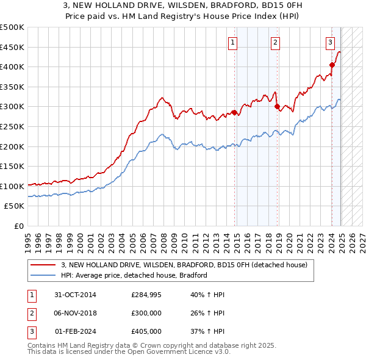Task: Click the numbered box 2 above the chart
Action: tap(276, 42)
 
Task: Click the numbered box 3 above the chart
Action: tap(330, 42)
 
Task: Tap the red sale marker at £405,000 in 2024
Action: tap(332, 65)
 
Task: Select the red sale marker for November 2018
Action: tap(278, 106)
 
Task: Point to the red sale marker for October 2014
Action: tap(234, 112)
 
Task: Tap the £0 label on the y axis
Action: tap(18, 226)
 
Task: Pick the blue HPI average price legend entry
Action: tap(134, 275)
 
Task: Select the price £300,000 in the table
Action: tap(146, 313)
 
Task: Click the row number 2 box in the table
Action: tap(31, 313)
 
